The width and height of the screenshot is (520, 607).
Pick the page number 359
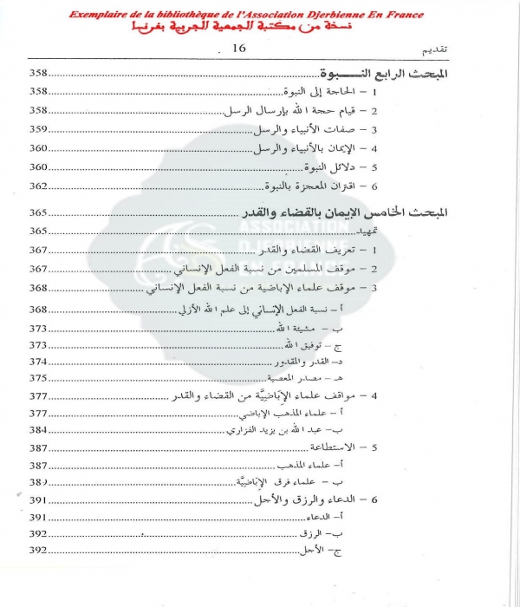click(x=40, y=130)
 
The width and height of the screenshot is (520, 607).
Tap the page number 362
click(x=40, y=186)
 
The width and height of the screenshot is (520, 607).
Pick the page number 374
click(x=40, y=362)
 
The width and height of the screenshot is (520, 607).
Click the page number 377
click(x=40, y=396)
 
